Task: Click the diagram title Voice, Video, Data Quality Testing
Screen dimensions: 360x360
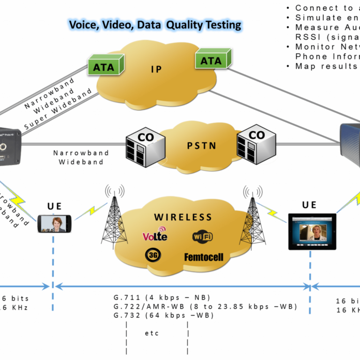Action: [x=155, y=24]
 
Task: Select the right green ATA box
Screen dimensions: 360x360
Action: [x=211, y=60]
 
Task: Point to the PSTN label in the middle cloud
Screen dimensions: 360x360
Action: [x=201, y=145]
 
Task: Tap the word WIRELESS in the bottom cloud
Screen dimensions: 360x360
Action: [x=183, y=217]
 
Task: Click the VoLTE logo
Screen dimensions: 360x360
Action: [x=155, y=235]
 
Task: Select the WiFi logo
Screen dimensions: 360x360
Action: [x=202, y=236]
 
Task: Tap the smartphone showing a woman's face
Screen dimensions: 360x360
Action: [x=54, y=223]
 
